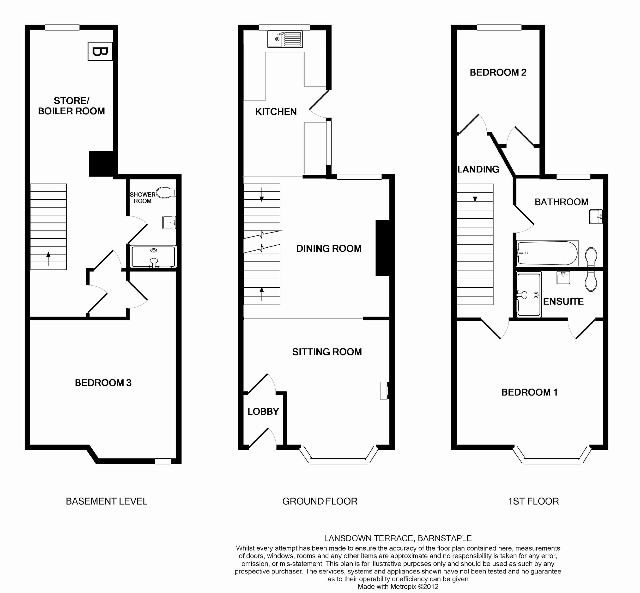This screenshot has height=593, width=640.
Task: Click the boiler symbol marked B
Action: coord(100,51)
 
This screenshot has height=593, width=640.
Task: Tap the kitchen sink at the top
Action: coord(285,39)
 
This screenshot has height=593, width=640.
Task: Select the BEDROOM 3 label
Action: coord(103,383)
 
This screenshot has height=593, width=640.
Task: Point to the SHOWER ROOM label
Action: coord(143,198)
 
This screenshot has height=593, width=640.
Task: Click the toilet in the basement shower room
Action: coord(166,192)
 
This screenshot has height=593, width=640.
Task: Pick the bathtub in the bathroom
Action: coord(547,253)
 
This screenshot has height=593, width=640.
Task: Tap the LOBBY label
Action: coord(263,411)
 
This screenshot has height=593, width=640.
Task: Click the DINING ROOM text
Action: coord(329,248)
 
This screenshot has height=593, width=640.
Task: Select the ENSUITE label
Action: coord(563,301)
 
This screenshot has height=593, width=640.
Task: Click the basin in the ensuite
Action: coord(563,278)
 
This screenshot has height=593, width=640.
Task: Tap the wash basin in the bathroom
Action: coord(596,217)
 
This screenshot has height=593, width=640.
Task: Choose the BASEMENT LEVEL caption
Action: coord(107,501)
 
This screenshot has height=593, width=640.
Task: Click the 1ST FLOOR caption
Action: coord(533,501)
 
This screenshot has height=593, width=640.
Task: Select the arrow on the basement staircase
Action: coord(48,259)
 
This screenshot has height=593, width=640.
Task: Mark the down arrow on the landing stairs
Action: coord(475,195)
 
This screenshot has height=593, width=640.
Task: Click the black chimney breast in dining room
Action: coord(383,248)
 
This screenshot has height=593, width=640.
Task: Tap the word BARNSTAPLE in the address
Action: coord(445,538)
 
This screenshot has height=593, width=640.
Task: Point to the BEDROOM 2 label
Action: coord(498,73)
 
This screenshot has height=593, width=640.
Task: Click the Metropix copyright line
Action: coord(398,587)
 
